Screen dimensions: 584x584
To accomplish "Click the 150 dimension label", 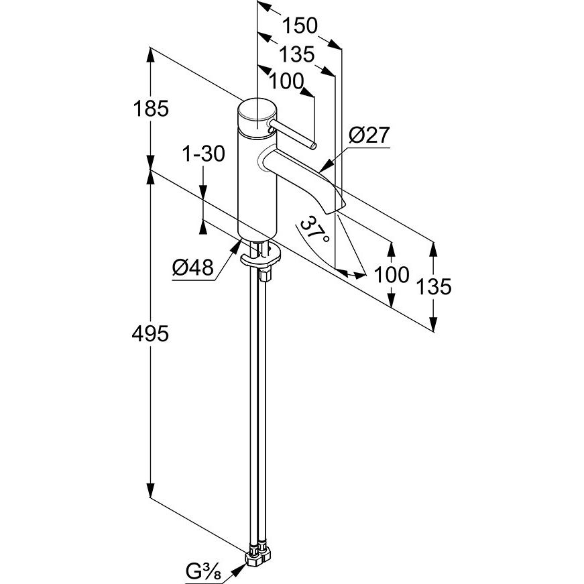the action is pos(300,25).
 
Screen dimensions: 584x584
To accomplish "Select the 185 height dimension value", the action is pos(151,109).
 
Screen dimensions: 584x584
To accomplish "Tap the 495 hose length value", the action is pos(150,334).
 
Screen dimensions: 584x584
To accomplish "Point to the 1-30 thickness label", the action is pos(203,154).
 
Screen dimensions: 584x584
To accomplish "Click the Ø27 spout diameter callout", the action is pos(369,135).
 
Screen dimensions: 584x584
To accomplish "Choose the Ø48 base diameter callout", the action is pos(193,267).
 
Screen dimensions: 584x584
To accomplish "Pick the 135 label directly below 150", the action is pos(296,54).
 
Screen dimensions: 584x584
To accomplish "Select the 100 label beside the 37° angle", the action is pos(391,275).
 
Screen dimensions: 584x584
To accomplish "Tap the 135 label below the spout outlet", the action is pos(433,286).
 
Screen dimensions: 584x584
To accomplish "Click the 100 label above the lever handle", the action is pos(286,81).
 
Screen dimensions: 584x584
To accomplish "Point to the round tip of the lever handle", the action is pos(314,146).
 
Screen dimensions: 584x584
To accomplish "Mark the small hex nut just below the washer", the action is pos(266,276).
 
